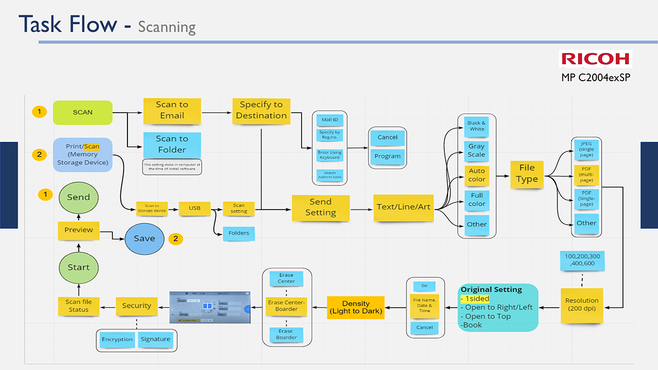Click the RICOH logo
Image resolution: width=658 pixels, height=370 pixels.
(x=595, y=59)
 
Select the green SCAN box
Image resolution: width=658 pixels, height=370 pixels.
(x=83, y=113)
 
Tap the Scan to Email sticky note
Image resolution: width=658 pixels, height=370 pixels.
(x=172, y=110)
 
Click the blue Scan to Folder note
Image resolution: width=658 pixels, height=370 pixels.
(x=172, y=145)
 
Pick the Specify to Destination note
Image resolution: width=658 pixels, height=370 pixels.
(x=261, y=111)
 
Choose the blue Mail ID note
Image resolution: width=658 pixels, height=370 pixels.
(x=329, y=120)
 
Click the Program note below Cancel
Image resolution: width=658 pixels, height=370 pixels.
(x=387, y=156)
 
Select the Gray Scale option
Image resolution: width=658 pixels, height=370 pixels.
(x=477, y=150)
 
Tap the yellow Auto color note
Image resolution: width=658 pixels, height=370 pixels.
(x=477, y=175)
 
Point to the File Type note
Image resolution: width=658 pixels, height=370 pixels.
(x=527, y=173)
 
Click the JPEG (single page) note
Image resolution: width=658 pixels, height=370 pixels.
(x=586, y=149)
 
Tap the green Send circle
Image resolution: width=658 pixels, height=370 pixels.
(x=78, y=197)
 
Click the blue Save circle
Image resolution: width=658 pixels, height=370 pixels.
(x=144, y=239)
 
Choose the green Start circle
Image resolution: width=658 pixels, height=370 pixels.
(x=78, y=267)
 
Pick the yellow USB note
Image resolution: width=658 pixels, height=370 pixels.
(x=195, y=208)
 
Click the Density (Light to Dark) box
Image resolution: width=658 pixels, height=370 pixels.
(x=356, y=308)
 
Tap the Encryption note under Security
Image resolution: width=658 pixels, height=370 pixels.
(x=117, y=339)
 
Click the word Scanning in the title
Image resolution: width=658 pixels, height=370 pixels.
(x=167, y=27)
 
